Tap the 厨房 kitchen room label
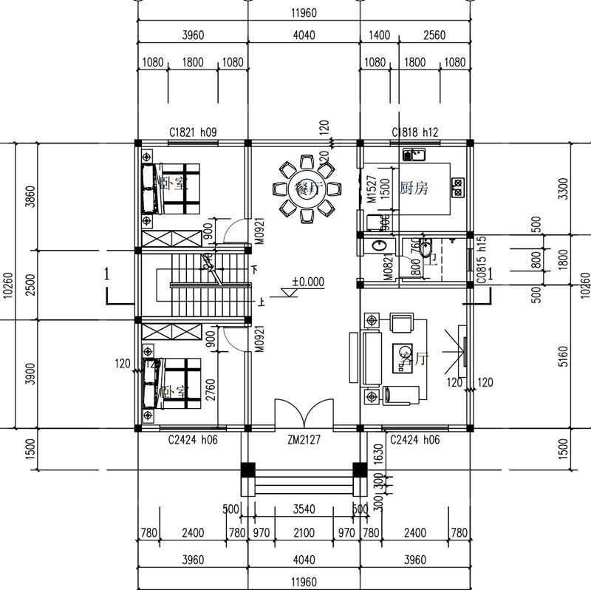coord(414,189)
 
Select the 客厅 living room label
coord(413,359)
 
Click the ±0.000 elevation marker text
coord(308,282)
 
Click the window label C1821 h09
coord(192,132)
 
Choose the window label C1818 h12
coord(415,132)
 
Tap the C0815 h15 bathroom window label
coord(481,260)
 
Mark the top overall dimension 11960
coord(303,12)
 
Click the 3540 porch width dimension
coord(303,509)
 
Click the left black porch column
coord(248,469)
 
